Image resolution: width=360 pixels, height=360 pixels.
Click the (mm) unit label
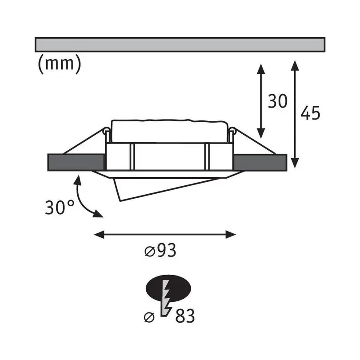(x=60, y=64)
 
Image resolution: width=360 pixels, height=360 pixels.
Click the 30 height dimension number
(x=278, y=101)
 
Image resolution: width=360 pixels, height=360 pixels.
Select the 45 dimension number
(x=310, y=113)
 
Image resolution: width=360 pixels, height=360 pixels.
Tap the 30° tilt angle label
(x=60, y=207)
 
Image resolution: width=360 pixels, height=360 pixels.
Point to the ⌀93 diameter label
(x=160, y=250)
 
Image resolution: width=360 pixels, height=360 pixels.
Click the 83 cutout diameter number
(x=185, y=316)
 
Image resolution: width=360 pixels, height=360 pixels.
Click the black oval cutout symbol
(x=168, y=288)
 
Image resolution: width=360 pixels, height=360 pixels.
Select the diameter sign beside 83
(x=149, y=317)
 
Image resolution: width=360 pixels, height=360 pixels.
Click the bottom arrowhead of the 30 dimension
(x=261, y=133)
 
